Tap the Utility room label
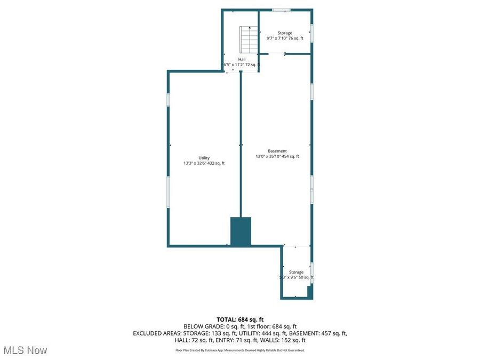(204, 158)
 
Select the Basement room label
(277, 151)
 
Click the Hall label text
(242, 59)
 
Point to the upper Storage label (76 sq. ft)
(285, 33)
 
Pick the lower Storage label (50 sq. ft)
(297, 272)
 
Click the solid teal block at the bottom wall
(241, 231)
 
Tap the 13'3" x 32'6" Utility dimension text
(204, 163)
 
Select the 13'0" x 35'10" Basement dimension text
(277, 156)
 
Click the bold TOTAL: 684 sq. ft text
(240, 319)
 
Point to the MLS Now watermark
(25, 350)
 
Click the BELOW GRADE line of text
(240, 326)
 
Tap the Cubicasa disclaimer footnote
(240, 350)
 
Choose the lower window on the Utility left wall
(168, 192)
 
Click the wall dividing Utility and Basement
(241, 144)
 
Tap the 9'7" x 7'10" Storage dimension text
(285, 38)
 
